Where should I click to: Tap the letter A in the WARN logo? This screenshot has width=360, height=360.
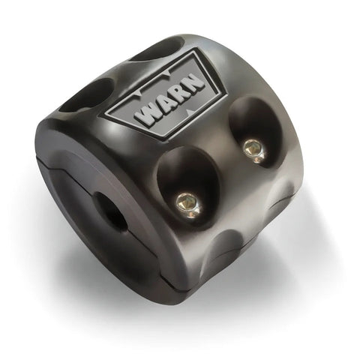click(x=166, y=103)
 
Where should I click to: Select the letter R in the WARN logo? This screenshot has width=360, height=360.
click(x=181, y=93)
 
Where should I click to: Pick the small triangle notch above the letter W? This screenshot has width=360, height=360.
click(x=138, y=94)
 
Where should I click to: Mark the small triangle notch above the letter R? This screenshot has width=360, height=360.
click(x=167, y=73)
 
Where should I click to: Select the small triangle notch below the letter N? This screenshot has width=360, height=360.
click(x=189, y=110)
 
